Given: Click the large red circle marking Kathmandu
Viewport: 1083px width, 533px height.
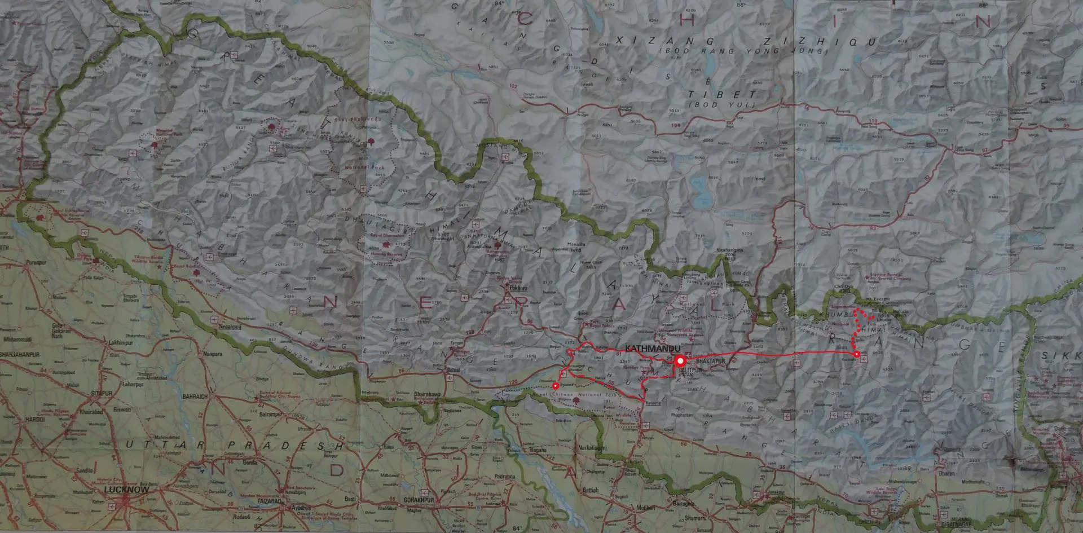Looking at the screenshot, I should [x=680, y=360].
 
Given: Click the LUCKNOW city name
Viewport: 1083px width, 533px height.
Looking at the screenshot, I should [x=127, y=490].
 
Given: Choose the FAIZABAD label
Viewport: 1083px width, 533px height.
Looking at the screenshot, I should [x=279, y=500].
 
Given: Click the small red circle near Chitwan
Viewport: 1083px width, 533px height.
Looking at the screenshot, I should [x=556, y=386].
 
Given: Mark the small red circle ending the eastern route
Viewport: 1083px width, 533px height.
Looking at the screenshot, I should [x=857, y=354].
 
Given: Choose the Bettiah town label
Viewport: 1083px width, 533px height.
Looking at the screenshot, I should [x=590, y=490].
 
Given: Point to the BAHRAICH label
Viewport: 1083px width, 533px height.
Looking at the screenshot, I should [x=195, y=396].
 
